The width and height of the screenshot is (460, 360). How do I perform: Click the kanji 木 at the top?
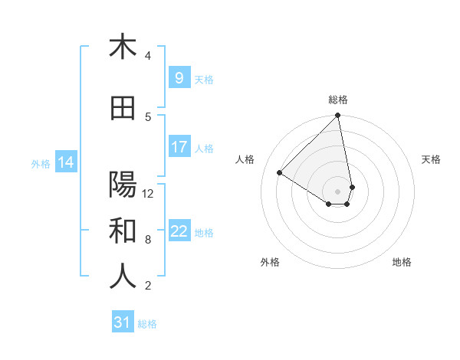coord(123,47)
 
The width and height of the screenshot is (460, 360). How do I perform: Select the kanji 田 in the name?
coord(123,109)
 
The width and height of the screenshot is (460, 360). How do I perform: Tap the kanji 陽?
coord(123,185)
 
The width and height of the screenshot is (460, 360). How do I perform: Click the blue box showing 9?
coord(179,78)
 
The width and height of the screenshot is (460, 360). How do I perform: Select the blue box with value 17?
coord(179,147)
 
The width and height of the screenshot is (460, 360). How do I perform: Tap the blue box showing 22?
coord(179,231)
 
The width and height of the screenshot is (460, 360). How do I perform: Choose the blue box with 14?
coord(65,162)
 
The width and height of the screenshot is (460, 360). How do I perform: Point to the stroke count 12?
coord(148,193)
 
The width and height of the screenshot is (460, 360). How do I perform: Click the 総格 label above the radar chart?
coord(338,100)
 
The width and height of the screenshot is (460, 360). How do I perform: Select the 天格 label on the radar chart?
coord(431,159)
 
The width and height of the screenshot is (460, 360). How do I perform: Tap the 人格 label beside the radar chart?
coord(245,159)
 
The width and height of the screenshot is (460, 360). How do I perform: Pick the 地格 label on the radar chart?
coord(402,262)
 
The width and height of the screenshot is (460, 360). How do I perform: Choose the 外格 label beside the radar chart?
coord(270,262)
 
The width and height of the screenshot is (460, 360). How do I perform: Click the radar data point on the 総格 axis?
coord(338,116)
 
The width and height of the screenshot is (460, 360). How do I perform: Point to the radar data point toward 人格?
coord(280,172)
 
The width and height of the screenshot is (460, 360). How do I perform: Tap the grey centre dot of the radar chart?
coord(338,191)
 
